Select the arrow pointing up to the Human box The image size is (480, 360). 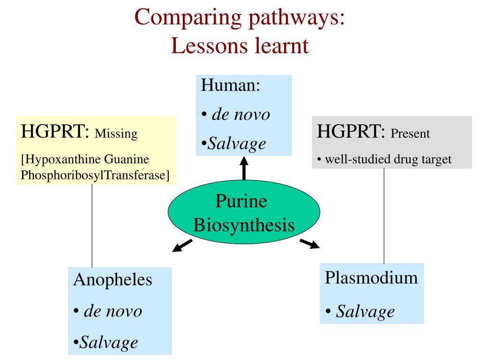coord(244,168)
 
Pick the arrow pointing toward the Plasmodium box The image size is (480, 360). coord(310,243)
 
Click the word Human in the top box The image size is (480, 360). coord(230,86)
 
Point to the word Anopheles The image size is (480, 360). coord(113,280)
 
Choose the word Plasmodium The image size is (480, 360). coord(371,277)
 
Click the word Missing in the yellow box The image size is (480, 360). coord(116,134)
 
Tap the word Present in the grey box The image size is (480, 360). coord(410,134)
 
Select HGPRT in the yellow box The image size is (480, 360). coord(55,132)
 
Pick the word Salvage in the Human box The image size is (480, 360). coord(237,143)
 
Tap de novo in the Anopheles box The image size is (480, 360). coord(112,311)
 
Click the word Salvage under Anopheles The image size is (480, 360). coord(109,342)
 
